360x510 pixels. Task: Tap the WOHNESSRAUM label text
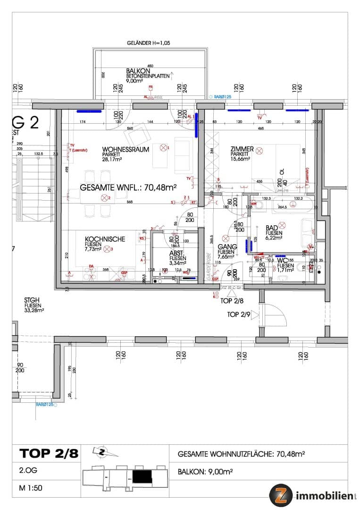126,149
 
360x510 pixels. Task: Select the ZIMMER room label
242,149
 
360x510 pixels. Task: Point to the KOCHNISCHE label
105,239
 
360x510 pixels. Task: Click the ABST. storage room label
177,253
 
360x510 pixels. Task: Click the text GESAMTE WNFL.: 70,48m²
128,187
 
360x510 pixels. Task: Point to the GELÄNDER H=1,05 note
149,43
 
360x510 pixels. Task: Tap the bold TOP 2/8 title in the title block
49,454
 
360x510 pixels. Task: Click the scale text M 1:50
31,488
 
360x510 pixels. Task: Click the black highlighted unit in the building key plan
142,477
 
